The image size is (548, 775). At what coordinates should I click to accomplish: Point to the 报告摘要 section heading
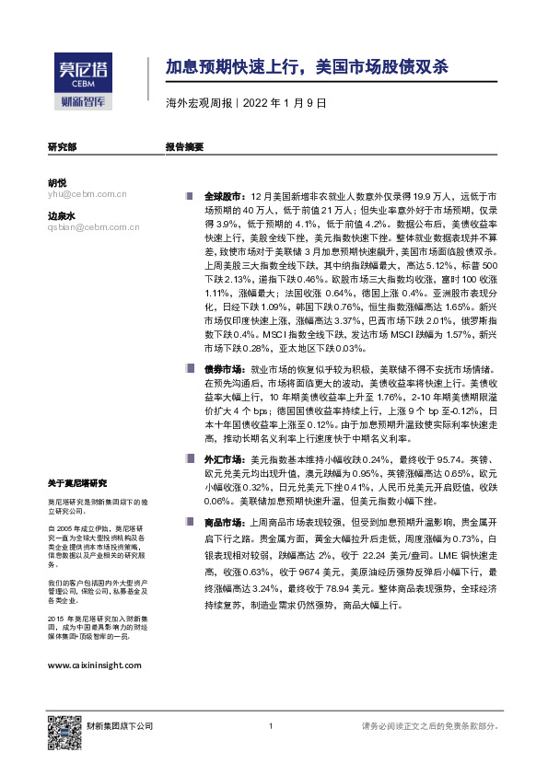184,146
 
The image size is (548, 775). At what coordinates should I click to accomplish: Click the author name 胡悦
57,182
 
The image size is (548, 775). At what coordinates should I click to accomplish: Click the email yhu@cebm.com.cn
87,194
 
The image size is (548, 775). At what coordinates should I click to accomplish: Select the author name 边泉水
62,215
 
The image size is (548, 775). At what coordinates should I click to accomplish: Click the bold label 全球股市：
222,196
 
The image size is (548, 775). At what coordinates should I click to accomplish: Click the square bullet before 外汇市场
190,457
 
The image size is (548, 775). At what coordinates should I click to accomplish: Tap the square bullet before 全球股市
190,196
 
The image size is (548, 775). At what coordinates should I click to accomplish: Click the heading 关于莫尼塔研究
77,482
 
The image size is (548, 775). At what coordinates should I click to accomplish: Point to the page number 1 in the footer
270,728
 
